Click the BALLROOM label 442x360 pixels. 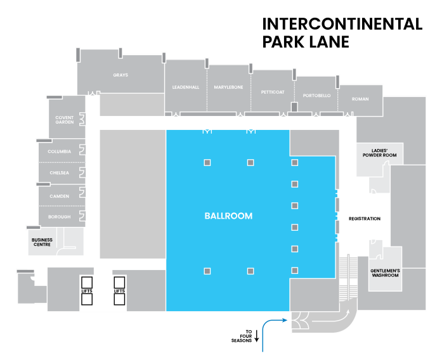(x=228, y=215)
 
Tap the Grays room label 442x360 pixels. (x=120, y=75)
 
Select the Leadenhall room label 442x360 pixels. (x=186, y=87)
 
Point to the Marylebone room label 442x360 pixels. (x=229, y=87)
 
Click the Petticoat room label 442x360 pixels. (x=273, y=92)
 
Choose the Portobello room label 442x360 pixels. (x=317, y=96)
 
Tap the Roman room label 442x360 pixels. (x=360, y=99)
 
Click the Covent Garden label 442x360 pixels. (x=65, y=120)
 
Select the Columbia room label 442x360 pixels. (x=59, y=151)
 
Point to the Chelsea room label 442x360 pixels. (x=59, y=172)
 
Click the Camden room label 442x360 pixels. (x=59, y=196)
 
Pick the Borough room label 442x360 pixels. (x=59, y=217)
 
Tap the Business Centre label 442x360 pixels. (x=42, y=242)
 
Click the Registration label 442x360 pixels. (x=365, y=219)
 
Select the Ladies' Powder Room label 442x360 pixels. (x=379, y=153)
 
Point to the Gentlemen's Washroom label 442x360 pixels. (x=385, y=273)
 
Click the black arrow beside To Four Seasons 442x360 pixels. (x=257, y=336)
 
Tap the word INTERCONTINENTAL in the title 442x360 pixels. (x=342, y=24)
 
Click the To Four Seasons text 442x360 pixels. (x=242, y=336)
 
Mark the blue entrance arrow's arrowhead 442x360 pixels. (x=285, y=320)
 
